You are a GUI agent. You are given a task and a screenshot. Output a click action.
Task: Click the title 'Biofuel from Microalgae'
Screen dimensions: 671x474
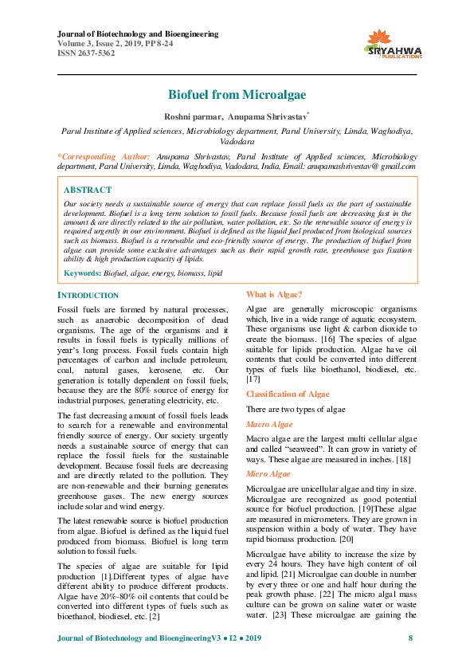click(237, 95)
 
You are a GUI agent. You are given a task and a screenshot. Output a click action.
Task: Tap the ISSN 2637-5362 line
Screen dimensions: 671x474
click(86, 53)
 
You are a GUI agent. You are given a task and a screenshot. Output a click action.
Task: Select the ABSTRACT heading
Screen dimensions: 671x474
click(87, 190)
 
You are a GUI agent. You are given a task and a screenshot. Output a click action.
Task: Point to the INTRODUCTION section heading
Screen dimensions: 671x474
click(88, 295)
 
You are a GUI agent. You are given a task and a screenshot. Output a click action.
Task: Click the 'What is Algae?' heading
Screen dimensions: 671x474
click(274, 295)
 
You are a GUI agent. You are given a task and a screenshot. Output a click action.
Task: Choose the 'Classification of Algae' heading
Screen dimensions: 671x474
click(288, 394)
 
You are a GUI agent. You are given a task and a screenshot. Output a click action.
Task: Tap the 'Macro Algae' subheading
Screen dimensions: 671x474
click(269, 425)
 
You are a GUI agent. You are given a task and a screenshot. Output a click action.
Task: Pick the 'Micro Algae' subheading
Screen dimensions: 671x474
click(268, 474)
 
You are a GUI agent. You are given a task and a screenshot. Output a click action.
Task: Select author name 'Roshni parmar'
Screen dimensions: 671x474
click(192, 117)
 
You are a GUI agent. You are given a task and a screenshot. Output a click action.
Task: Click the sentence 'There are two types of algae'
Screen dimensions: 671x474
click(296, 410)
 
